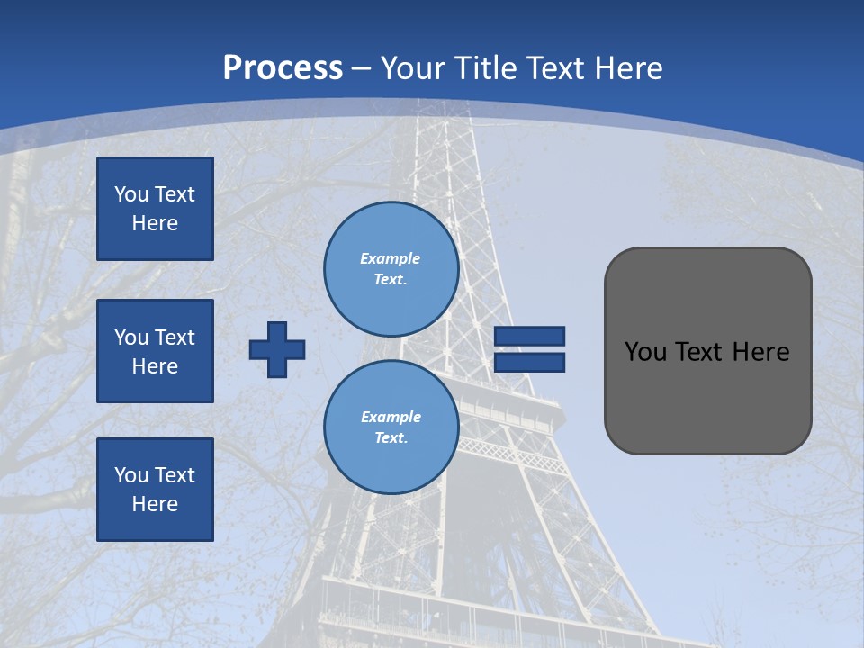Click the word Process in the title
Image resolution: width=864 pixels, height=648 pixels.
[283, 68]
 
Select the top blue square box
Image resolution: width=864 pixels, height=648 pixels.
[155, 209]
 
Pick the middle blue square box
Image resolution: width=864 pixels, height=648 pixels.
[155, 351]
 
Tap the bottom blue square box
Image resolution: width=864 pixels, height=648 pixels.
[155, 490]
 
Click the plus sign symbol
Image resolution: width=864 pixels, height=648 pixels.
[277, 349]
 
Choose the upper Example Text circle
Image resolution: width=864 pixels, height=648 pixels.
[391, 269]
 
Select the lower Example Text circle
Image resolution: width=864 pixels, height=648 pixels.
[391, 427]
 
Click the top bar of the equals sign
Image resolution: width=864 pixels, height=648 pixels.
[529, 336]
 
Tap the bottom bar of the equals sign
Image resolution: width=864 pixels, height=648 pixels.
[529, 363]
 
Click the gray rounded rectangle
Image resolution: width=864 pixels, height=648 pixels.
[707, 396]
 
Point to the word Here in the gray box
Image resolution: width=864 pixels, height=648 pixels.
[760, 352]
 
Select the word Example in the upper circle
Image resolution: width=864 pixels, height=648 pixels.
[390, 258]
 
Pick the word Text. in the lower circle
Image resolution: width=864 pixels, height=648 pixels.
[391, 438]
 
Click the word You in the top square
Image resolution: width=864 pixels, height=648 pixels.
[131, 194]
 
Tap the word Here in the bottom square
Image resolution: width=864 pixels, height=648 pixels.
[155, 504]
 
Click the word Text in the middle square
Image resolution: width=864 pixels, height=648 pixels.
[175, 337]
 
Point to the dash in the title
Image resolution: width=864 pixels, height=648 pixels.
[362, 68]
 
